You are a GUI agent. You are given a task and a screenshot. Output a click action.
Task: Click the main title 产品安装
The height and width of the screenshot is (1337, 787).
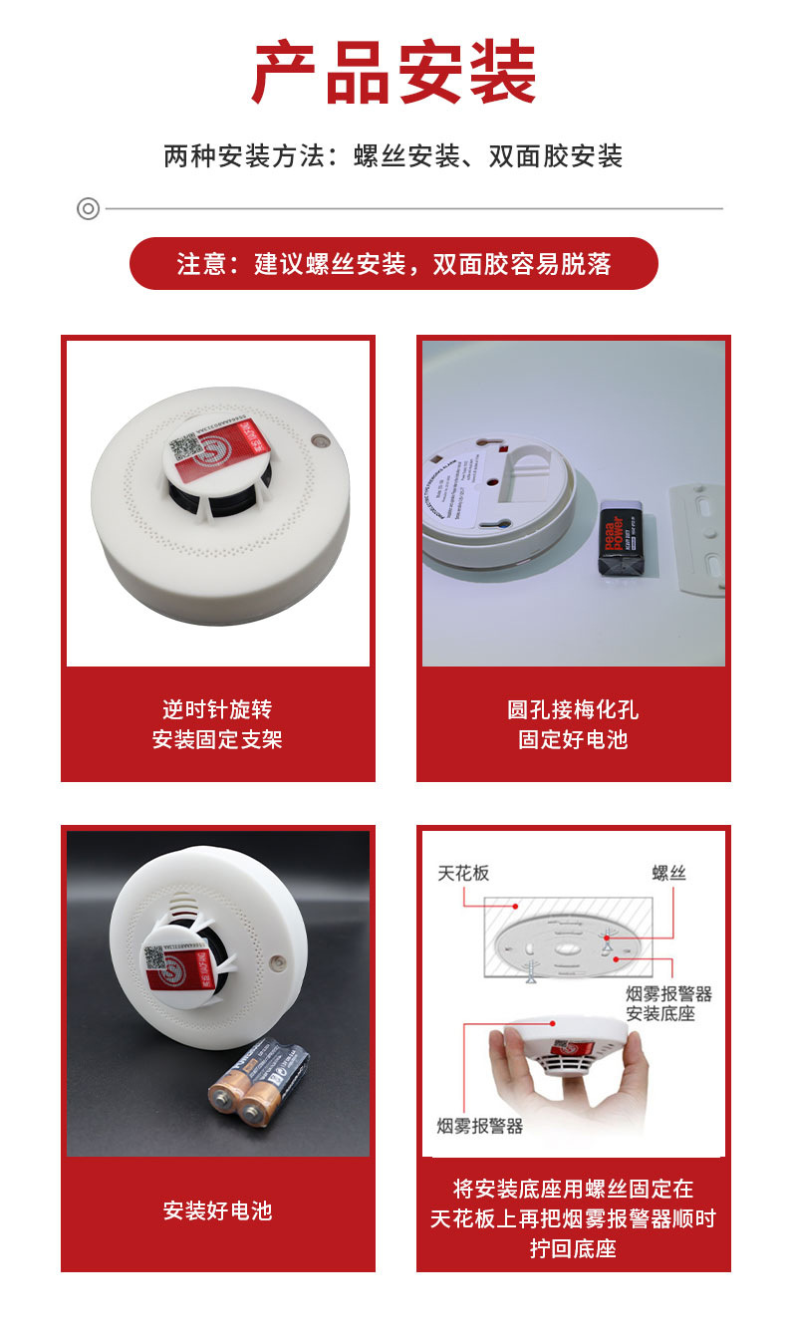click(393, 75)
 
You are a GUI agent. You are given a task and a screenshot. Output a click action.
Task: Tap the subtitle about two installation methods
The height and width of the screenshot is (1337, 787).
click(393, 156)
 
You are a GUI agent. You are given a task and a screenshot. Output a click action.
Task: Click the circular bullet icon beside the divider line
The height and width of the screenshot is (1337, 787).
click(88, 208)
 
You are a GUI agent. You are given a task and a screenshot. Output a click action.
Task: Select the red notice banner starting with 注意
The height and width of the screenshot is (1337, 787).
click(393, 264)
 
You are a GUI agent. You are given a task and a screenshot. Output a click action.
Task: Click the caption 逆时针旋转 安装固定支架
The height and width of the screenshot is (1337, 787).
click(217, 724)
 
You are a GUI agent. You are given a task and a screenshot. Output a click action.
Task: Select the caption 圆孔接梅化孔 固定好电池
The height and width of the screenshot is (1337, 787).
click(573, 724)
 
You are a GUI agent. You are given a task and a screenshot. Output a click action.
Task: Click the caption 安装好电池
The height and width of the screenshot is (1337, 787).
click(217, 1210)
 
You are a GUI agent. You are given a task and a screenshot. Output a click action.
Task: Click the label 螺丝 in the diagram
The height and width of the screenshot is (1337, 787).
click(668, 874)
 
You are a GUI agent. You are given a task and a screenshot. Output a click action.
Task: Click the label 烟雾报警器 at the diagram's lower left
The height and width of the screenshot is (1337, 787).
click(479, 1126)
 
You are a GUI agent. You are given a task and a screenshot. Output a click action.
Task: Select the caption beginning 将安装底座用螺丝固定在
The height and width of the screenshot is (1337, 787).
click(573, 1217)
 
